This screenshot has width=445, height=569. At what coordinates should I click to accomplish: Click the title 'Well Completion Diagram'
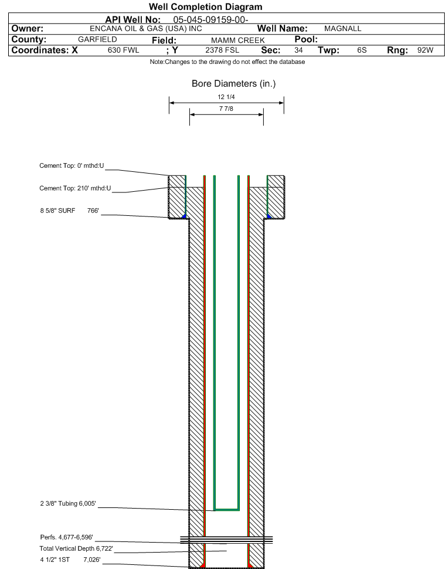pyautogui.click(x=205, y=7)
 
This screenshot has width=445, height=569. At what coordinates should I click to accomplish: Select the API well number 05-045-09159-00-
pyautogui.click(x=210, y=19)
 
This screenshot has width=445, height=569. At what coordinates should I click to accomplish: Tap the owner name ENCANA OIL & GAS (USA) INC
pyautogui.click(x=146, y=29)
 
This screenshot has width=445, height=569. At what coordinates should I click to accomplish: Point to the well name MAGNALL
pyautogui.click(x=343, y=29)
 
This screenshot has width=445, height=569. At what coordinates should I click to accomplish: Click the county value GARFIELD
pyautogui.click(x=97, y=39)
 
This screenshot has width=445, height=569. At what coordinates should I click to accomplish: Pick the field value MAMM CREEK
pyautogui.click(x=238, y=40)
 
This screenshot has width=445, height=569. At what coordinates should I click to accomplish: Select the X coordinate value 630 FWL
pyautogui.click(x=123, y=50)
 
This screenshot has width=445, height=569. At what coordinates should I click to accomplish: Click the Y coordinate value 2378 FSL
pyautogui.click(x=222, y=50)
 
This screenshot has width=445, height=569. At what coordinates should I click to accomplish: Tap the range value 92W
pyautogui.click(x=425, y=50)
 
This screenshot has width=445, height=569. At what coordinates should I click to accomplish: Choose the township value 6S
pyautogui.click(x=362, y=50)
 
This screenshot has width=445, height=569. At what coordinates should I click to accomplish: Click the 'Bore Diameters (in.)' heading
pyautogui.click(x=233, y=84)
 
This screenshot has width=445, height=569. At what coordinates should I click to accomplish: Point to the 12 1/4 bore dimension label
pyautogui.click(x=226, y=97)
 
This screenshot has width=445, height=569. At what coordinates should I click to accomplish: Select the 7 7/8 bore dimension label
pyautogui.click(x=226, y=109)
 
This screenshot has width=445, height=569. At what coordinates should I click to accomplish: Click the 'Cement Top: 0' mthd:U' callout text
pyautogui.click(x=72, y=166)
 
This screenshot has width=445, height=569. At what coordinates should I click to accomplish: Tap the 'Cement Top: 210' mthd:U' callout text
pyautogui.click(x=75, y=188)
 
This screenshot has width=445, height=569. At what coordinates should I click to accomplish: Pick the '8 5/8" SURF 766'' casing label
pyautogui.click(x=69, y=211)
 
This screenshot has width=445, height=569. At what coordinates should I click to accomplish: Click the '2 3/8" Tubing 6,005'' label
pyautogui.click(x=68, y=504)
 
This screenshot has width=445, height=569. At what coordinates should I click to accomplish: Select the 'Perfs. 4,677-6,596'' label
pyautogui.click(x=66, y=537)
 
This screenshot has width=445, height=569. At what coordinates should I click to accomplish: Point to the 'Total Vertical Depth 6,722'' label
pyautogui.click(x=76, y=548)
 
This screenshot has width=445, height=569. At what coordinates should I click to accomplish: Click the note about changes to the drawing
pyautogui.click(x=227, y=62)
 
